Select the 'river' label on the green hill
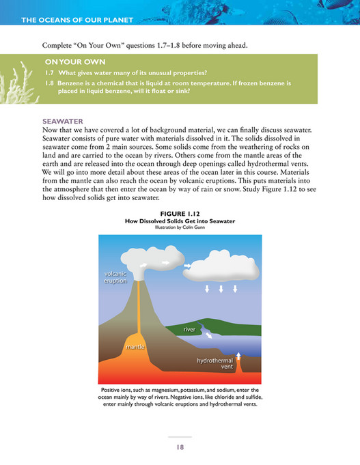tap(189, 330)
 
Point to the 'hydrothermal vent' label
tap(215, 363)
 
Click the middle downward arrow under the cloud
tap(221, 289)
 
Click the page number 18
tap(180, 447)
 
